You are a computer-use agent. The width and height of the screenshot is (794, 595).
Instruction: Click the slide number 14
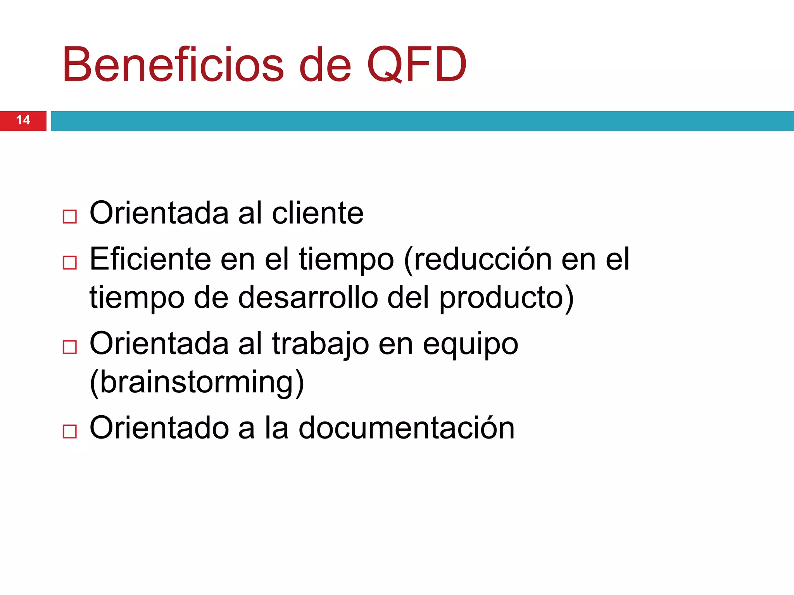[23, 120]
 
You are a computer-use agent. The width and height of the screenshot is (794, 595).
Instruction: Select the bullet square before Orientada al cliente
[70, 217]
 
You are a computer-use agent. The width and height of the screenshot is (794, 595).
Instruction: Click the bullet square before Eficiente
[70, 263]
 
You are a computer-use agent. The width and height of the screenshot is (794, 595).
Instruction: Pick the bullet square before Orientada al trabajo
[70, 347]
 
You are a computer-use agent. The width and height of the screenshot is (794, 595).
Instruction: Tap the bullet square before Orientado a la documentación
[70, 431]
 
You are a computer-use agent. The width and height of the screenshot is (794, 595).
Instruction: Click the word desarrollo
[308, 297]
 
